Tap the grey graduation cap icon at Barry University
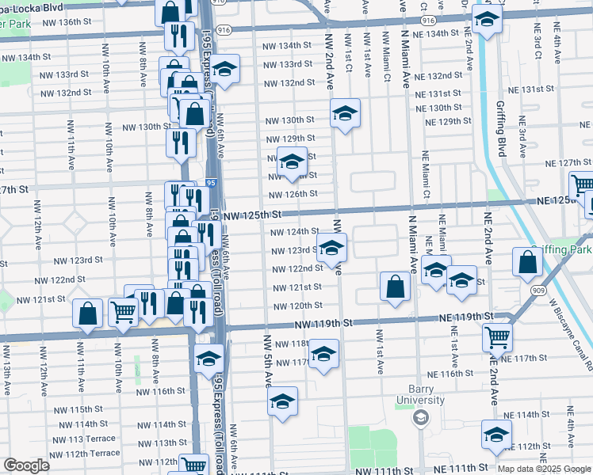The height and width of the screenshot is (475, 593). pyautogui.click(x=420, y=417)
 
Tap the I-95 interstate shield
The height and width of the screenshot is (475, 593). pyautogui.click(x=211, y=183)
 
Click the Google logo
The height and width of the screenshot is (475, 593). pyautogui.click(x=26, y=465)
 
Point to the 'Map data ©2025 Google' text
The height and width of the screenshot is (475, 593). pyautogui.click(x=544, y=469)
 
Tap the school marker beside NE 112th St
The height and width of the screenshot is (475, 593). pyautogui.click(x=496, y=435)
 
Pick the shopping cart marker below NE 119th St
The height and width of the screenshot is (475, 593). pyautogui.click(x=497, y=336)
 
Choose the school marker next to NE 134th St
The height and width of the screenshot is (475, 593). pyautogui.click(x=487, y=17)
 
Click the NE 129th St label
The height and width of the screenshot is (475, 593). pyautogui.click(x=448, y=122)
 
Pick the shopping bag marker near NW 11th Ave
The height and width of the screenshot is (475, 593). pyautogui.click(x=88, y=313)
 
